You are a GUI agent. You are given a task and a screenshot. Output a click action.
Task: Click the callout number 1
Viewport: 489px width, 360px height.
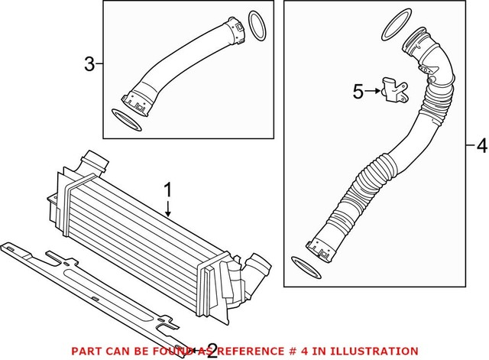click(x=169, y=187)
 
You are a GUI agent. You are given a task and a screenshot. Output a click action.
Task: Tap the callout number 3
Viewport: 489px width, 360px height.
click(x=89, y=64)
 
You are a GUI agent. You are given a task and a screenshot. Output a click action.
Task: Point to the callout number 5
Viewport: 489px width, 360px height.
click(x=358, y=92)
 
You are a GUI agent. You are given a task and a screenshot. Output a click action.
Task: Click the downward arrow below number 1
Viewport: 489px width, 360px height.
click(x=169, y=210)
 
